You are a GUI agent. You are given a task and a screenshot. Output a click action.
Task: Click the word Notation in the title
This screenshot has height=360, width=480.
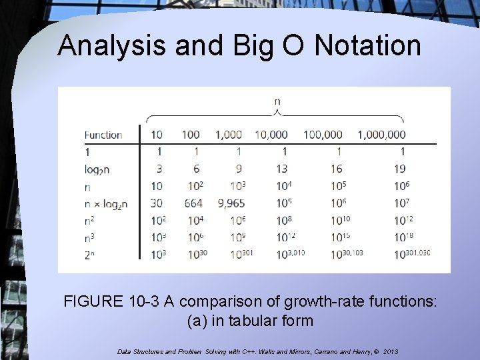(368, 46)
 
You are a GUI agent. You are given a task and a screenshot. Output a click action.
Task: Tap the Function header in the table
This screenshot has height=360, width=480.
(103, 135)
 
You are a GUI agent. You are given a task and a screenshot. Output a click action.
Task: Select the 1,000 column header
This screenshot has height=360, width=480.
(229, 135)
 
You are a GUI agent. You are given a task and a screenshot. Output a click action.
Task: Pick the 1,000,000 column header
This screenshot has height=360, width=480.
(381, 135)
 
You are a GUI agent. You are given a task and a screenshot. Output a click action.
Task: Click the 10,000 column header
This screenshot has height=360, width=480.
(271, 135)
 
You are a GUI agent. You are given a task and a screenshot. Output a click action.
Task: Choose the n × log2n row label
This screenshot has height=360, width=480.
(106, 204)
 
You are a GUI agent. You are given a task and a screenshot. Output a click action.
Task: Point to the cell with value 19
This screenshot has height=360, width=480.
(400, 169)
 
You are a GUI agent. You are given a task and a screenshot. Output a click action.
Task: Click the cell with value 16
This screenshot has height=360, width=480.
(337, 169)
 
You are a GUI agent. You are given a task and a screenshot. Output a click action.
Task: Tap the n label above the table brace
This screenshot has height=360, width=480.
(277, 101)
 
